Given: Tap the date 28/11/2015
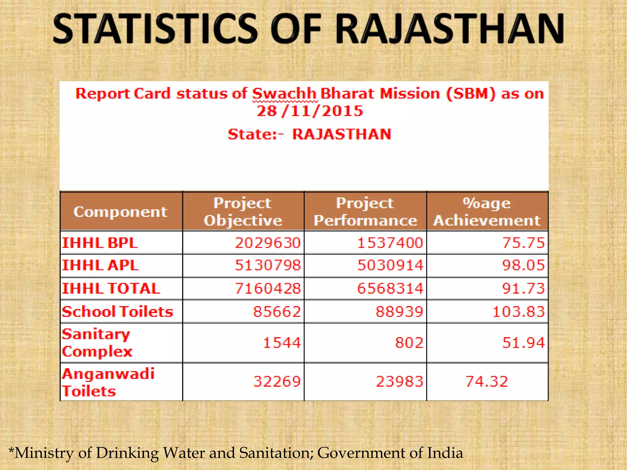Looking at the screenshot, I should click(310, 111).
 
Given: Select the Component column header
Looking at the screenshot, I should click(121, 212).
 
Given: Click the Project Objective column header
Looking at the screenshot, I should click(243, 212).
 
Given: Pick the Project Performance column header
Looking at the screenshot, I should click(365, 212).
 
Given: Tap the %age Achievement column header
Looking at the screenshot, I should click(487, 212).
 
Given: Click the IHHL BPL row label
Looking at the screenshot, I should click(100, 243).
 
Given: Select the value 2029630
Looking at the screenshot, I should click(268, 243).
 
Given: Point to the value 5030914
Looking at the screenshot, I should click(390, 265).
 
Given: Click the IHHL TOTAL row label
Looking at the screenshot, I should click(111, 289).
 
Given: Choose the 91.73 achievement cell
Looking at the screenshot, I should click(524, 289).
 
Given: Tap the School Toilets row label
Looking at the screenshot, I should click(117, 312).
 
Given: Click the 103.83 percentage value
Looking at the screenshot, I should click(519, 312).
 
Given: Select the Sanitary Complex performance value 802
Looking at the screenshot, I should click(409, 343).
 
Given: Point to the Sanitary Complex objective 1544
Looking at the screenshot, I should click(282, 343).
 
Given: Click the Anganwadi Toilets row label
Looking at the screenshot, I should click(108, 382).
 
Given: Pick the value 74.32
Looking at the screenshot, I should click(486, 382).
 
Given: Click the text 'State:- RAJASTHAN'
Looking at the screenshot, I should click(310, 134).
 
